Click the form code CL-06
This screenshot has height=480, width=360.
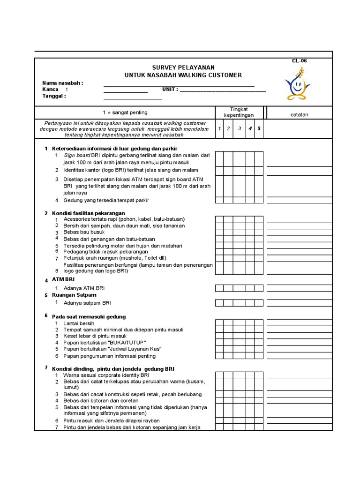point(299,61)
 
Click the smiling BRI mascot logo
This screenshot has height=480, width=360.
point(297,85)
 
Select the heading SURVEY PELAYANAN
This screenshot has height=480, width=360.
point(183,67)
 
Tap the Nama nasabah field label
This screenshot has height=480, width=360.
point(63,83)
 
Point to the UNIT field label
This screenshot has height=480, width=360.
point(170,90)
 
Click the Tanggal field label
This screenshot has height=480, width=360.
point(54,96)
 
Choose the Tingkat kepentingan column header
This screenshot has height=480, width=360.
point(239,112)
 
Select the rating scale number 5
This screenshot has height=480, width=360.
point(258,128)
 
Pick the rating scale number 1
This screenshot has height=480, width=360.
point(219,128)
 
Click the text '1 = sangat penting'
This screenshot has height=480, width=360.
point(125,112)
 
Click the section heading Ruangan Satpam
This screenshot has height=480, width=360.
point(74,295)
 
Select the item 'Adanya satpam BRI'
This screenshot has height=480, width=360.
point(87,303)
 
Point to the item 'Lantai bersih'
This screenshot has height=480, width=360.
point(79,323)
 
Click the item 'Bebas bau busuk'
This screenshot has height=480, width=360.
point(84,232)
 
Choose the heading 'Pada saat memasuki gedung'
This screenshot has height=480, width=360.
point(89,316)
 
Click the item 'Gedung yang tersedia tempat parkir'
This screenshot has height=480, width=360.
point(106,200)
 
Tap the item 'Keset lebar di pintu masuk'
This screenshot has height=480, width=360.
point(95,336)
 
